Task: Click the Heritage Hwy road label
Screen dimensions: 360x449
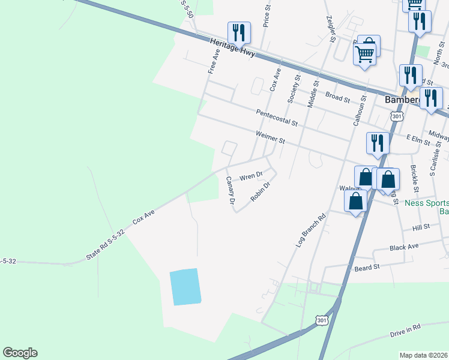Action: [233, 48]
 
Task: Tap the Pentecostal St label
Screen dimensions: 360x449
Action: [277, 118]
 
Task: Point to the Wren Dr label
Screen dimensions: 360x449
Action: [251, 177]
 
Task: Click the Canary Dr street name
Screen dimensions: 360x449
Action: [229, 190]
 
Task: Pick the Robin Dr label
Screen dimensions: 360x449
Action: [261, 192]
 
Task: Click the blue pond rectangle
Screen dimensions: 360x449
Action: [184, 287]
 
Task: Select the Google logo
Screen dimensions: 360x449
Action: [20, 353]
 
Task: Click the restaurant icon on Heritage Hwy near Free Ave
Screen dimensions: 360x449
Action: [238, 34]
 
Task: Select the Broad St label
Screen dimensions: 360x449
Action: [337, 97]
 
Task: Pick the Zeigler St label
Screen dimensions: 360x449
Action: [330, 29]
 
